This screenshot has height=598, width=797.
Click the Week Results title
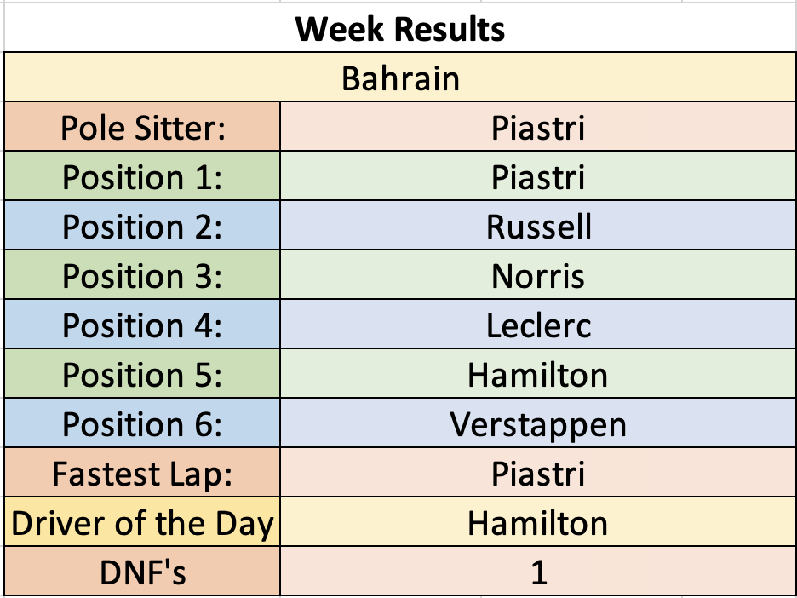400,29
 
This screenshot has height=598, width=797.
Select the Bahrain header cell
400,78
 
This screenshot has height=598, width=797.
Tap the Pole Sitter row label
143,128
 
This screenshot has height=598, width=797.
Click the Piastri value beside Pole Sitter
538,128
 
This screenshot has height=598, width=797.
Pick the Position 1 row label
142,177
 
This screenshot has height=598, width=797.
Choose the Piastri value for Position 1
538,177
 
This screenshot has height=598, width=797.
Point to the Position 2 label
142,227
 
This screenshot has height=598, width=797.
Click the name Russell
539,227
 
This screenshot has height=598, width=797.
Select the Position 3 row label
142,276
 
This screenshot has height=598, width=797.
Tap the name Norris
538,277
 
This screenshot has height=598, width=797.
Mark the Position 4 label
142,325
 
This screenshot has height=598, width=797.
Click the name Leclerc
539,325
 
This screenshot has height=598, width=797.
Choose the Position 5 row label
142,376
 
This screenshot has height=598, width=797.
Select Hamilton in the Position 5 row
538,376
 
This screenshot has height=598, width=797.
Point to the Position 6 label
142,424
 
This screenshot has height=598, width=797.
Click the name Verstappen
538,425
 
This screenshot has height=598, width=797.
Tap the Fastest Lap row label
142,474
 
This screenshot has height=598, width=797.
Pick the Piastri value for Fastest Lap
538,474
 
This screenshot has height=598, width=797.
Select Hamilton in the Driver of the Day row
538,523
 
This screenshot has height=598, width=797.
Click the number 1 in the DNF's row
539,573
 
